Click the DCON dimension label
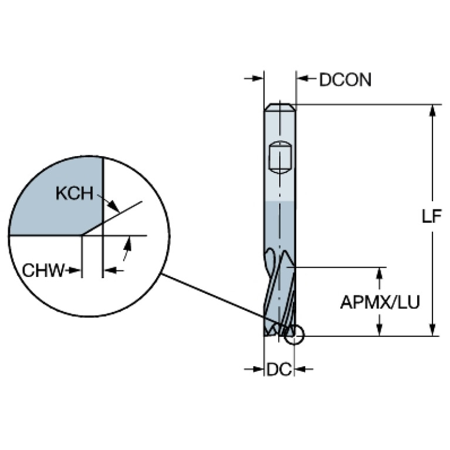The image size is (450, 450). pos(345,79)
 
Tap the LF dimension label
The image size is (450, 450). pos(431,216)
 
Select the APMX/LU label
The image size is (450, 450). pos(380,302)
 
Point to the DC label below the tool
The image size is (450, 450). pos(279,370)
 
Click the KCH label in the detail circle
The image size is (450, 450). pos(75,193)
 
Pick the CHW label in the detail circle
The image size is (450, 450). pos(43,270)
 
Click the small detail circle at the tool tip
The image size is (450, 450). pos(294,334)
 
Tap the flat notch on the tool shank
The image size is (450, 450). pos(280,157)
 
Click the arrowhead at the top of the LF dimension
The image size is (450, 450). pos(432,111)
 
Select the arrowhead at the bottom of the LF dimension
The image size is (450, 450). pos(432,330)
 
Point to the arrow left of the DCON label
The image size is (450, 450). pos(306,78)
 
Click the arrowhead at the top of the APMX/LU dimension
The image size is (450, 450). pos(380,274)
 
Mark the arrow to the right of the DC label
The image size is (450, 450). pos(304,369)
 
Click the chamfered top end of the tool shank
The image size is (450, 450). pos(280,107)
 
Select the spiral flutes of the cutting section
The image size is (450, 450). pos(280,293)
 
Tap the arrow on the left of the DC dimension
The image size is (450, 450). pos(253,369)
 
